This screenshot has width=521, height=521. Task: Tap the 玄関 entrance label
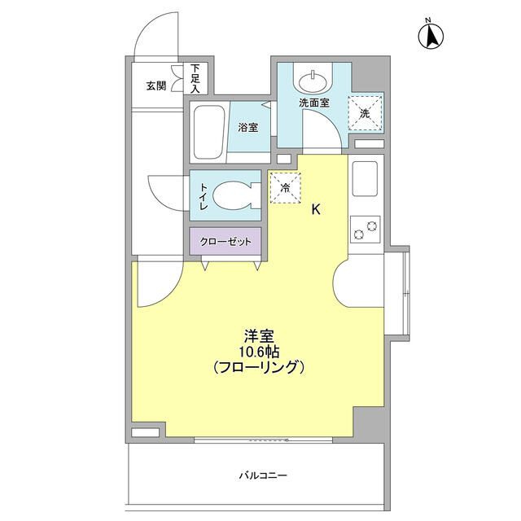click(x=156, y=85)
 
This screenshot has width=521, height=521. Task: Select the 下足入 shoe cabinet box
click(x=196, y=78)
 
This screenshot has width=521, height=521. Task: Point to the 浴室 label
click(x=247, y=128)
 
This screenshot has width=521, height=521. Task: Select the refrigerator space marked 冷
click(x=284, y=186)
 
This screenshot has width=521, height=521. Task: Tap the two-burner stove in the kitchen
click(x=364, y=230)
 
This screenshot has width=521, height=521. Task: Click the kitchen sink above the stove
click(x=364, y=177)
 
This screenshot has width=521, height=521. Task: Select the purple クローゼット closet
click(x=226, y=242)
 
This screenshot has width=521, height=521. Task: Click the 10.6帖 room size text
click(x=257, y=351)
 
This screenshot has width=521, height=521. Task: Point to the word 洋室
click(x=257, y=335)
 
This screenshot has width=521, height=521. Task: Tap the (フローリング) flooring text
click(x=257, y=367)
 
